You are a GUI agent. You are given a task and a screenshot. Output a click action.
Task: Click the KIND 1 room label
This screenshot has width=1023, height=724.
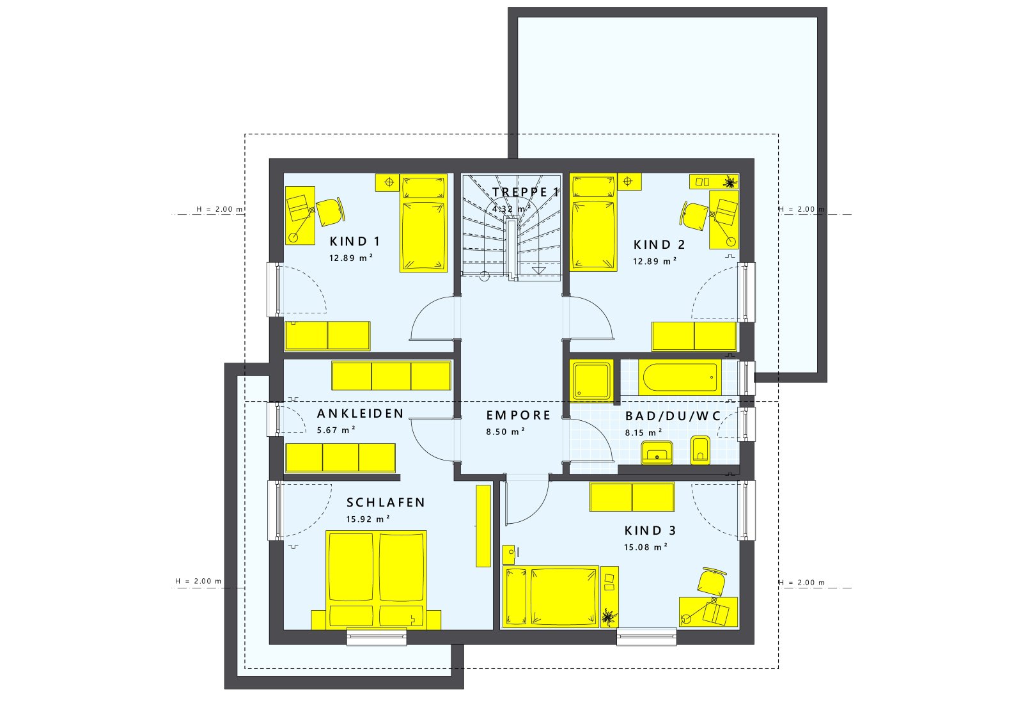coord(355,241)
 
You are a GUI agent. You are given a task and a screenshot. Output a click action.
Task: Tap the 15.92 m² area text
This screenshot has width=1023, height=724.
coord(368,519)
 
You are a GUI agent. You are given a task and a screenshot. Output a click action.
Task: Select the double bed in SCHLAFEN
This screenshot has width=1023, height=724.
coord(375,578)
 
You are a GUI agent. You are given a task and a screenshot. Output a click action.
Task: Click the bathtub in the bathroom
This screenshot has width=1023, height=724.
coord(679,378)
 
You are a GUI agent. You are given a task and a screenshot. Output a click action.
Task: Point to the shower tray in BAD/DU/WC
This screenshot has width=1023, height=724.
coord(592,381)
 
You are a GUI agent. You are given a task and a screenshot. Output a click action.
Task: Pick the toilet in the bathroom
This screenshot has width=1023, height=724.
coord(700,450)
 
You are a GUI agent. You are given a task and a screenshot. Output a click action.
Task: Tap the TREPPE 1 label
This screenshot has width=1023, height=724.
coord(526,192)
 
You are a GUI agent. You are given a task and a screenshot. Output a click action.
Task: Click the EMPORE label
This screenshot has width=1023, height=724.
coord(518,415)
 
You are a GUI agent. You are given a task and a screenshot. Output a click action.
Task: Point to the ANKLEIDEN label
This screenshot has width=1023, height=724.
coord(361,414)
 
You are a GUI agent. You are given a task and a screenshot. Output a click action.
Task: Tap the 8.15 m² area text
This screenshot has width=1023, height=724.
coord(643,432)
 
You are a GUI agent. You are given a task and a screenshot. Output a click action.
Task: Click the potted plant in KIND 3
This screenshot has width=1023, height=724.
coord(609,618)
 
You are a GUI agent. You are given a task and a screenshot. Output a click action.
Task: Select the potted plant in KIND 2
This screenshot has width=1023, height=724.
coord(728,182)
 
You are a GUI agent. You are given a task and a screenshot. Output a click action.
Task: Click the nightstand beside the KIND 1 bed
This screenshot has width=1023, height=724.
coord(387,182)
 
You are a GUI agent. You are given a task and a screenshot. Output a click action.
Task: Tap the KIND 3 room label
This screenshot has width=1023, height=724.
coord(650,530)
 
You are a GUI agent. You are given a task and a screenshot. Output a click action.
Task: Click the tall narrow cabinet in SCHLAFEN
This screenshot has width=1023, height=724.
coord(483,526)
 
